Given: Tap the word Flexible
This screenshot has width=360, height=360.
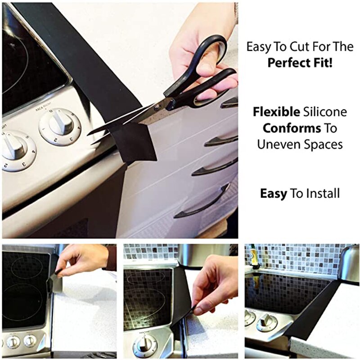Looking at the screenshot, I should (x=275, y=112).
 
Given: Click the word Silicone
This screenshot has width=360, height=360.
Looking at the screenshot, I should (x=324, y=112).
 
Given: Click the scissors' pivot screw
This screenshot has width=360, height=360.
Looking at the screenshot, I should (x=157, y=108).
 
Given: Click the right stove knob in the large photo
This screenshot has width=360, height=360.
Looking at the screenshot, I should (x=60, y=125).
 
